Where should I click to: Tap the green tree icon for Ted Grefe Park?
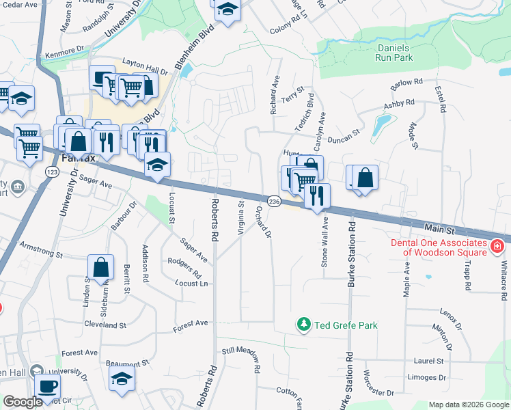click(x=303, y=325)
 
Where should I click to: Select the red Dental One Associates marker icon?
click(x=497, y=245)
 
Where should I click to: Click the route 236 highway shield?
click(x=274, y=202)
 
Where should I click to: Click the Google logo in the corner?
click(x=23, y=402)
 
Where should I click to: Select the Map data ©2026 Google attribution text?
click(x=468, y=405)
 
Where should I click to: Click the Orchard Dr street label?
click(x=263, y=221)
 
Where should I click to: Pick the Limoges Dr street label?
click(x=427, y=377)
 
